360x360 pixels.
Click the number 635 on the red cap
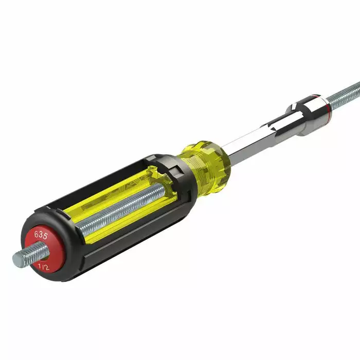click(x=41, y=236)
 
